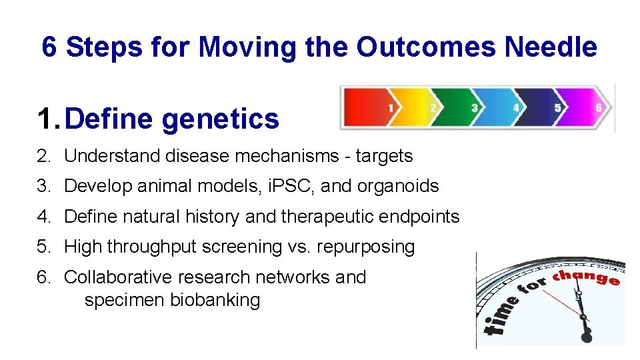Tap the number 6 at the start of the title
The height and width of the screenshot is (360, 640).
coord(49,47)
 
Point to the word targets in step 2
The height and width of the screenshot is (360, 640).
coord(384,157)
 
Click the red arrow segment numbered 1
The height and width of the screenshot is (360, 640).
coord(367,107)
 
